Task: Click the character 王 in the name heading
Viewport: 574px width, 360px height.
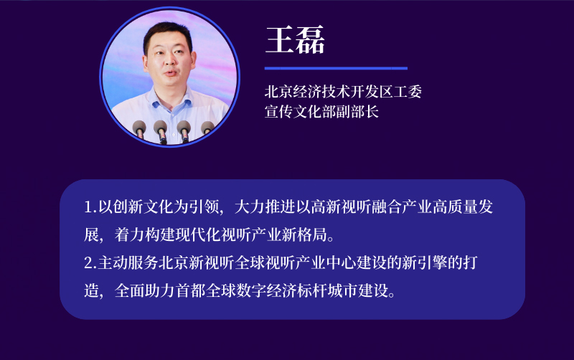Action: tap(279, 39)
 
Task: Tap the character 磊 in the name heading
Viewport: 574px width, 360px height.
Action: tap(310, 39)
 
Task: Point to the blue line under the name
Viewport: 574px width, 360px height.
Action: tap(336, 68)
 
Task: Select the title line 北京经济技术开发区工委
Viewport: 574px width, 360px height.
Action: tap(343, 92)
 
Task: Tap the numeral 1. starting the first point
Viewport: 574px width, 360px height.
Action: tap(90, 207)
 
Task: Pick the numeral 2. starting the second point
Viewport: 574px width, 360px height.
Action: tap(90, 262)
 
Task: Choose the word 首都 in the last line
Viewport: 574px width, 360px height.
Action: tap(190, 290)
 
